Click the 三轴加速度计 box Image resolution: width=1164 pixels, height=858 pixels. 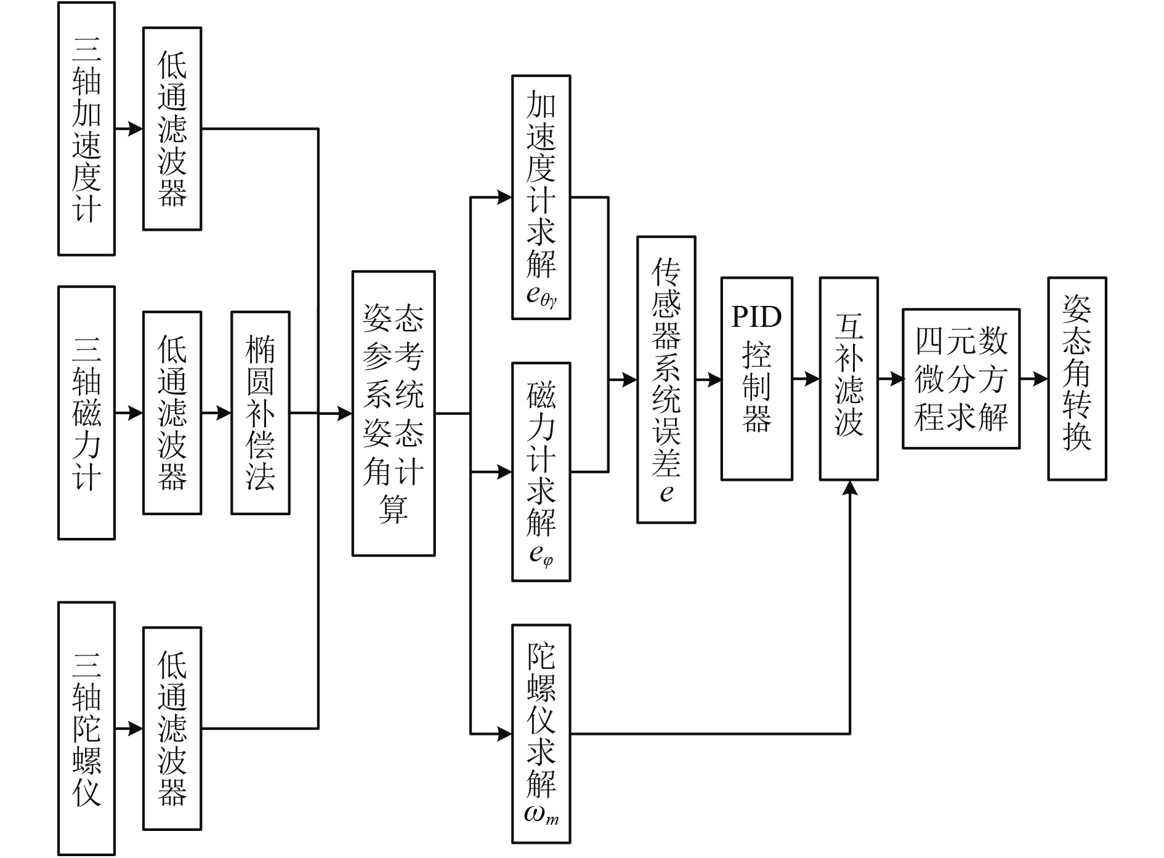(86, 129)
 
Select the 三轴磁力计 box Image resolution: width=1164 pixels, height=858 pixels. (86, 412)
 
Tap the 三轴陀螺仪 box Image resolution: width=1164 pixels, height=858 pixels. (86, 728)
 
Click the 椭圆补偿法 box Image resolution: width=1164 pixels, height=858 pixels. (260, 412)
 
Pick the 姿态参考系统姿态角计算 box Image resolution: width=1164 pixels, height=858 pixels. (393, 414)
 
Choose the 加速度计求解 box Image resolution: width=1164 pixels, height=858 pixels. (541, 197)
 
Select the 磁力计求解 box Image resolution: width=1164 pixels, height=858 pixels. (541, 471)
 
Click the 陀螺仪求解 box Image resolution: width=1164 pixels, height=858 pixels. (541, 734)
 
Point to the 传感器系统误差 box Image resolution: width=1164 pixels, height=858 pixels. (666, 379)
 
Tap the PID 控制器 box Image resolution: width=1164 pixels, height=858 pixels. (756, 378)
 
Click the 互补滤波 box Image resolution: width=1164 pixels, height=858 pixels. (848, 378)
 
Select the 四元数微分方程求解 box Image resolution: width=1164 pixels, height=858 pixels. (961, 378)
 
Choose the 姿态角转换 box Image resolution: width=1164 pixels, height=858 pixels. (1077, 378)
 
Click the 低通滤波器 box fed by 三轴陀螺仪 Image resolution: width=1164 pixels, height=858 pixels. (172, 728)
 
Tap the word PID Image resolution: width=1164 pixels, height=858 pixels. (756, 316)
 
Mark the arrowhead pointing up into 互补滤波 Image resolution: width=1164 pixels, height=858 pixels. (850, 488)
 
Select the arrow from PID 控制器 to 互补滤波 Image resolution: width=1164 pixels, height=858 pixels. (806, 379)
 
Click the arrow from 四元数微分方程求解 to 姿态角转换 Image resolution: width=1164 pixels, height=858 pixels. (1034, 379)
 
